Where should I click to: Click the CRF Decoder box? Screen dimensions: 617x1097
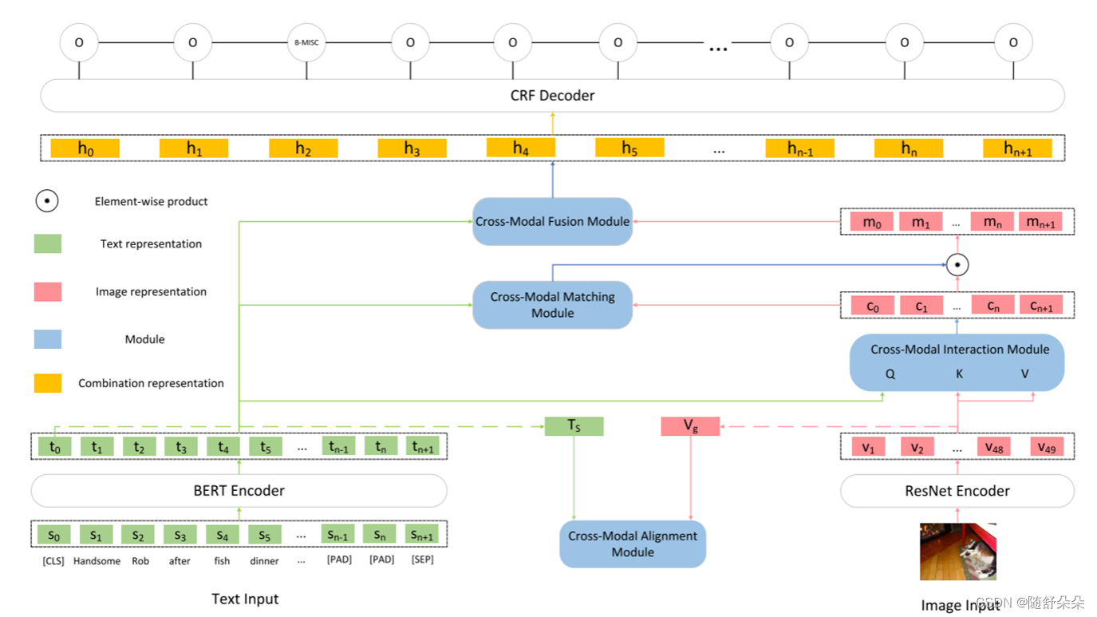(552, 96)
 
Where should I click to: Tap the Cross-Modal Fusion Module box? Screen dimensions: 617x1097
(552, 222)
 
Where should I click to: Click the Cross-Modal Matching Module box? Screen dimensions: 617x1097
(552, 305)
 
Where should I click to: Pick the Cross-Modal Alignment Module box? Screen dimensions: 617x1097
(633, 544)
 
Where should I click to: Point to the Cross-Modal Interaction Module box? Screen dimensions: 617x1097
(957, 362)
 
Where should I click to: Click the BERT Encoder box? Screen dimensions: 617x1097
(239, 491)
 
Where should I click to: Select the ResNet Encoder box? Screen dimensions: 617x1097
(957, 491)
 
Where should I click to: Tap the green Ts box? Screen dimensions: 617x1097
(574, 426)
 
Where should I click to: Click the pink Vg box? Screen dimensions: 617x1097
(690, 426)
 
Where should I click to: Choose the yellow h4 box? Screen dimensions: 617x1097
(521, 148)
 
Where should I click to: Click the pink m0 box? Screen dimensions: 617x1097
(872, 222)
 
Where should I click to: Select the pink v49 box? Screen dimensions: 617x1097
(1047, 447)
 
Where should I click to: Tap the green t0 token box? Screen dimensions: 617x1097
(54, 447)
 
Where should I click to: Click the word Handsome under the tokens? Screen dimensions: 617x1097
(97, 561)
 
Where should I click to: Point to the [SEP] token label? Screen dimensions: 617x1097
(422, 560)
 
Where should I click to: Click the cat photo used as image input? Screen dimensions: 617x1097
(957, 552)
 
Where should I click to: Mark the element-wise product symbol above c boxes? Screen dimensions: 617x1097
(957, 265)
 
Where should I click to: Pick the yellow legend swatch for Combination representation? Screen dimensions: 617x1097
(48, 383)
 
